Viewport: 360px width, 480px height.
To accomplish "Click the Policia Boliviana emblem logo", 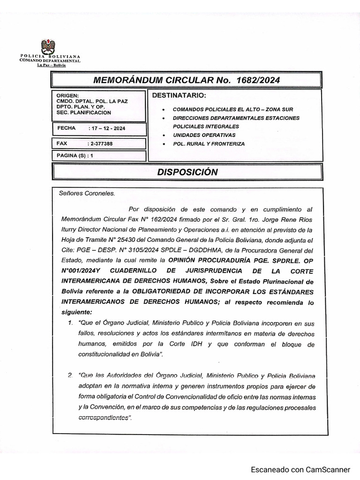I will pyautogui.click(x=48, y=46).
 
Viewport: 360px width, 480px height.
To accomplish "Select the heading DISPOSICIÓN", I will pyautogui.click(x=187, y=172).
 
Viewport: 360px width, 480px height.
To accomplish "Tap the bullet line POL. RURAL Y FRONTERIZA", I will pyautogui.click(x=209, y=144).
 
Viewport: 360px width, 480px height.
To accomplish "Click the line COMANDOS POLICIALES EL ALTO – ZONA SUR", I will pyautogui.click(x=226, y=109).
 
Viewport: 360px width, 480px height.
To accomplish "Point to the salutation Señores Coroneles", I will pyautogui.click(x=83, y=193).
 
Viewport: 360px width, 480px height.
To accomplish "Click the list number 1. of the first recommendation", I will pyautogui.click(x=70, y=323).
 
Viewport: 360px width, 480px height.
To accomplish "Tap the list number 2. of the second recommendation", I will pyautogui.click(x=70, y=375).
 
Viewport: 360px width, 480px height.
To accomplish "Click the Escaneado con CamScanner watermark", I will pyautogui.click(x=300, y=469).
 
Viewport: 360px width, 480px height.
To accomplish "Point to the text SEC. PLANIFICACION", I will pyautogui.click(x=84, y=112).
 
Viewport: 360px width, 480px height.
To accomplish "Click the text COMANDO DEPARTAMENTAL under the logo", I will pyautogui.click(x=50, y=61).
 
